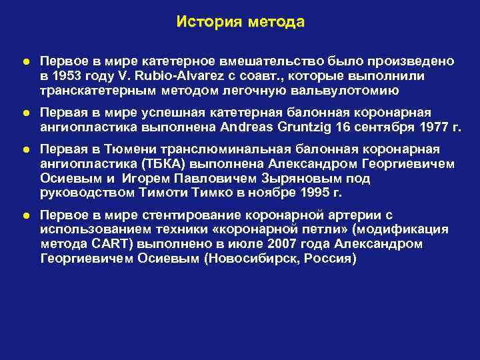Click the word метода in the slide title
276,22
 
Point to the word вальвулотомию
343,91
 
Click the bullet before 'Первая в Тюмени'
25,149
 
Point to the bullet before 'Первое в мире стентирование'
25,215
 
